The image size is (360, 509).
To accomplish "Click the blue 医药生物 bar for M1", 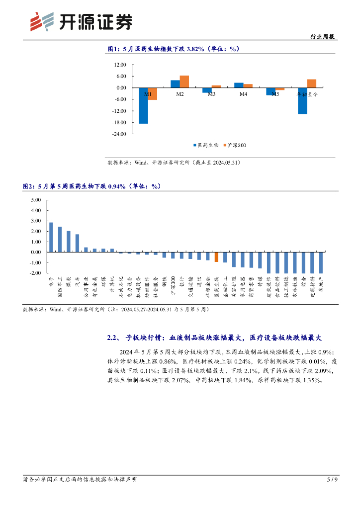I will pyautogui.click(x=143, y=105).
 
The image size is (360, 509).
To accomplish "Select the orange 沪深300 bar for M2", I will pyautogui.click(x=184, y=82).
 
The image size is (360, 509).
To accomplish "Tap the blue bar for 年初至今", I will pyautogui.click(x=302, y=101).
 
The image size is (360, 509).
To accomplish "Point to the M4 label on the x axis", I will pyautogui.click(x=243, y=94).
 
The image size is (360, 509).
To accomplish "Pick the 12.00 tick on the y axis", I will pyautogui.click(x=120, y=65).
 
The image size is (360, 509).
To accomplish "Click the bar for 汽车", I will pyautogui.click(x=77, y=243).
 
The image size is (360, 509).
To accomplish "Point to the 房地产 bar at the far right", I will pyautogui.click(x=321, y=262).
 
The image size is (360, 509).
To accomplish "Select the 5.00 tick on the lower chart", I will pyautogui.click(x=36, y=200).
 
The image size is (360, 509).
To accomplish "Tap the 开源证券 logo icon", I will pyautogui.click(x=41, y=21).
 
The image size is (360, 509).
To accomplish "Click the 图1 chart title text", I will pyautogui.click(x=174, y=49).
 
